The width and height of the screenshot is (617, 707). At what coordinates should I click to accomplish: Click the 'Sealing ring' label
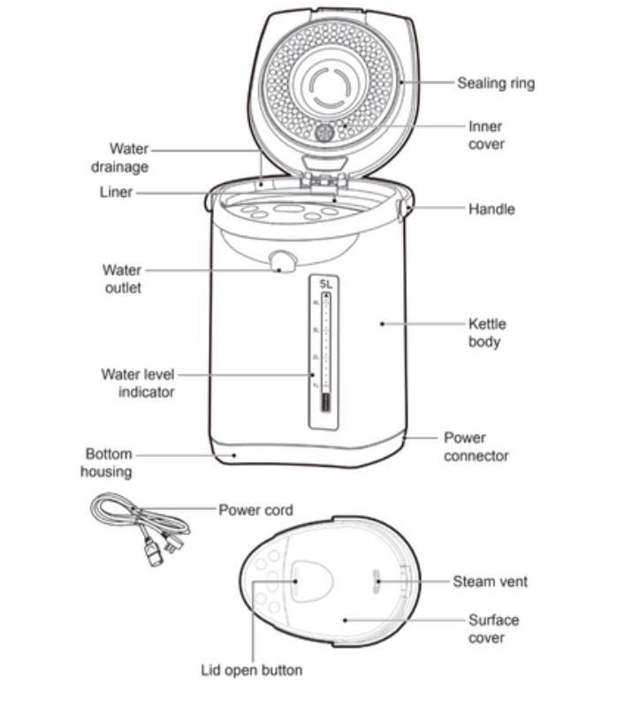coord(495,84)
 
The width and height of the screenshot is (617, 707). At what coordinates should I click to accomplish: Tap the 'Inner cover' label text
coord(485,135)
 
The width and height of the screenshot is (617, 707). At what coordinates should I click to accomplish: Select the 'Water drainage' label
coord(120,157)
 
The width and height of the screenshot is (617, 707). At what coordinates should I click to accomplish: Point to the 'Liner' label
coord(115,192)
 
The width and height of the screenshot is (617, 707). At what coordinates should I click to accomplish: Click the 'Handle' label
coord(491,209)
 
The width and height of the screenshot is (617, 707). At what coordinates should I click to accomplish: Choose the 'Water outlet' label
coord(121,278)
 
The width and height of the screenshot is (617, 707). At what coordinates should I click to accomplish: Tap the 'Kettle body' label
coord(487,332)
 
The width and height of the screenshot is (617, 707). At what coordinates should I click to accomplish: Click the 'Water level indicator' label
coord(137,383)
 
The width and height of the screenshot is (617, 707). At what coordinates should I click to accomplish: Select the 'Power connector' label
coord(476,446)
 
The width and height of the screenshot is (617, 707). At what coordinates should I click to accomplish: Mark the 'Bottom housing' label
coord(106,462)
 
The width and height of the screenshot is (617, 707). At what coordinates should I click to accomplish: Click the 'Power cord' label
coord(255,510)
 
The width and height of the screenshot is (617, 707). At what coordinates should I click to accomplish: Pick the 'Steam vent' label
coord(490,582)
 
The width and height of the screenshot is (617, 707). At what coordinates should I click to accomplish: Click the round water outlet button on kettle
coord(282,262)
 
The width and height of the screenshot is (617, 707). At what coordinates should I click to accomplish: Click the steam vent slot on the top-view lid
coord(376,581)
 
